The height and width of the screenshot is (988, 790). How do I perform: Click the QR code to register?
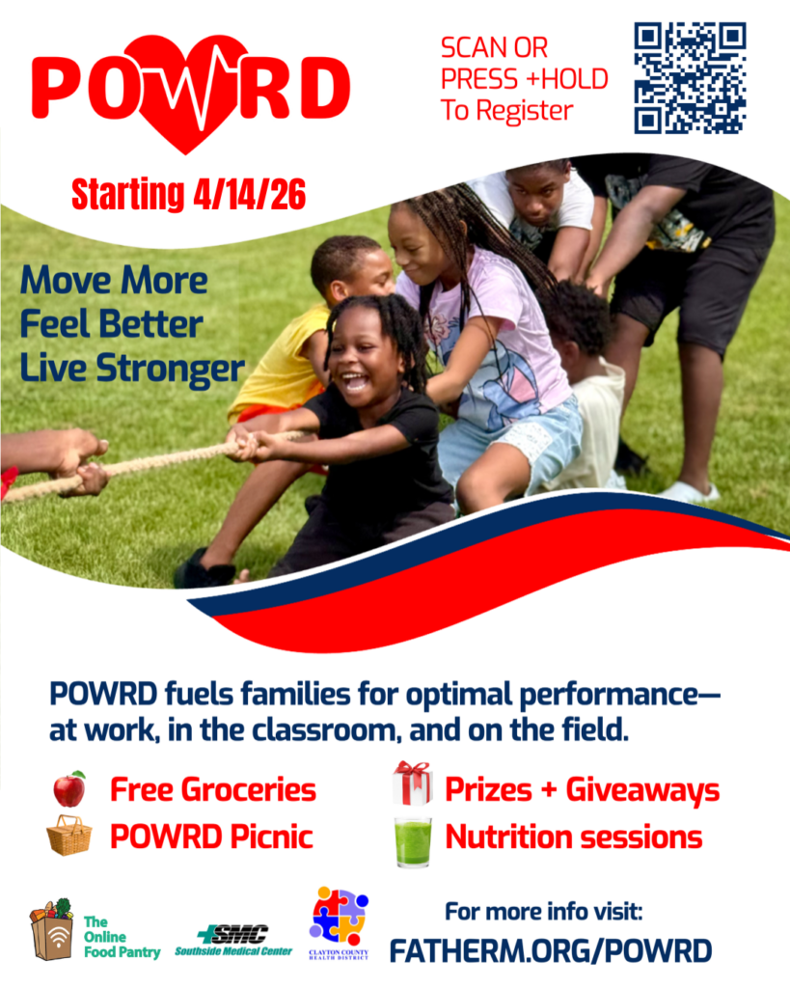(690, 78)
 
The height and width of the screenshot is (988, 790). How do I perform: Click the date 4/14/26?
(250, 194)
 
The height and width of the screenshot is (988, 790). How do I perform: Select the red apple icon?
(69, 789)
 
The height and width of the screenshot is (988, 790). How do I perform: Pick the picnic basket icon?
(68, 836)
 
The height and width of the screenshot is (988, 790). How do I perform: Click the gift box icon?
(413, 783)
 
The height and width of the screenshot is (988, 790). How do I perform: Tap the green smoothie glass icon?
(413, 841)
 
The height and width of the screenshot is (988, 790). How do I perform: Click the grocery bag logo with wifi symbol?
(52, 929)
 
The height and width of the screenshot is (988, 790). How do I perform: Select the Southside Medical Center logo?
(233, 940)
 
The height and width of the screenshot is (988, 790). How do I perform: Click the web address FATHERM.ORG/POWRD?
(551, 950)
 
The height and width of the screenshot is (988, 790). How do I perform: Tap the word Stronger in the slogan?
(170, 369)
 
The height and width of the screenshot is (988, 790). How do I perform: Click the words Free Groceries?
(213, 789)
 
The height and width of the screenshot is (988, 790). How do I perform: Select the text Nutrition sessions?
(573, 837)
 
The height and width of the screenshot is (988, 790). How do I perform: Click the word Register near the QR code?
(524, 112)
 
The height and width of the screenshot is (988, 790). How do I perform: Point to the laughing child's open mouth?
(355, 382)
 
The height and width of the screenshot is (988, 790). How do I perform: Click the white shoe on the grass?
(688, 491)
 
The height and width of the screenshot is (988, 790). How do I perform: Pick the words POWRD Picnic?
(211, 837)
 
